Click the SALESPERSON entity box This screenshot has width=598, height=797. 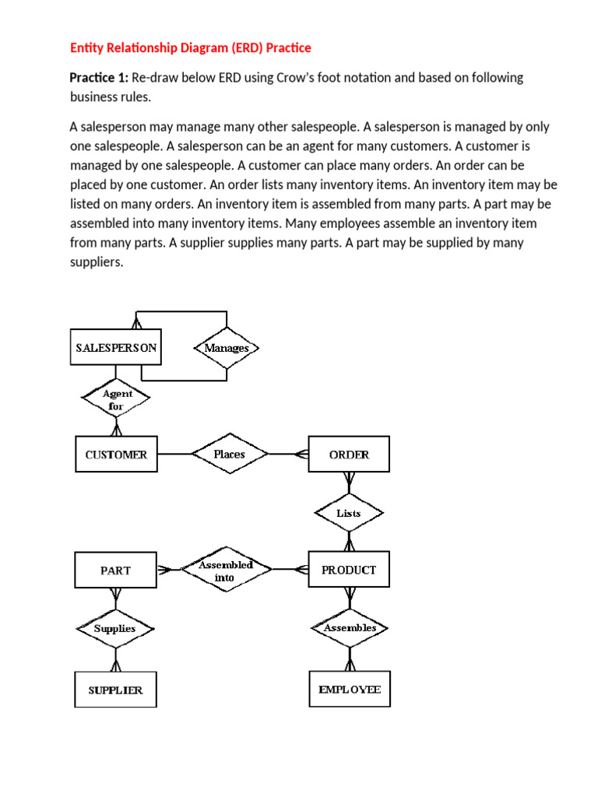116,347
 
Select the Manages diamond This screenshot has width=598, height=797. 227,348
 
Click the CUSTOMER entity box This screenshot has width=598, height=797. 117,454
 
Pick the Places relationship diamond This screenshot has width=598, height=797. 230,454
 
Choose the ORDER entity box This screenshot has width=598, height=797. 349,454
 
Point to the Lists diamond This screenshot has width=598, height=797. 349,513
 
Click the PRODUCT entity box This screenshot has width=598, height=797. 349,569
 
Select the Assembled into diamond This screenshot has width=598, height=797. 227,569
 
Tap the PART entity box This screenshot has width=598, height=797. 115,570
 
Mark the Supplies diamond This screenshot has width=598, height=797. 115,629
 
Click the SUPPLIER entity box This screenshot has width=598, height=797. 115,690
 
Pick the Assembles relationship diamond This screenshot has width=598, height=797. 350,628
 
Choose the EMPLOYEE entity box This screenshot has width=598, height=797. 350,689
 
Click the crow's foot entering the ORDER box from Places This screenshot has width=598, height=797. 302,454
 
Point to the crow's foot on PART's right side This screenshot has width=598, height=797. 164,570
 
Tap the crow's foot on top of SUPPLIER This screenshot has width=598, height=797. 116,665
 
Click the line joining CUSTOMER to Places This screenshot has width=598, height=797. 174,454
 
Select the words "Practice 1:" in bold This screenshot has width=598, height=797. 99,78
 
